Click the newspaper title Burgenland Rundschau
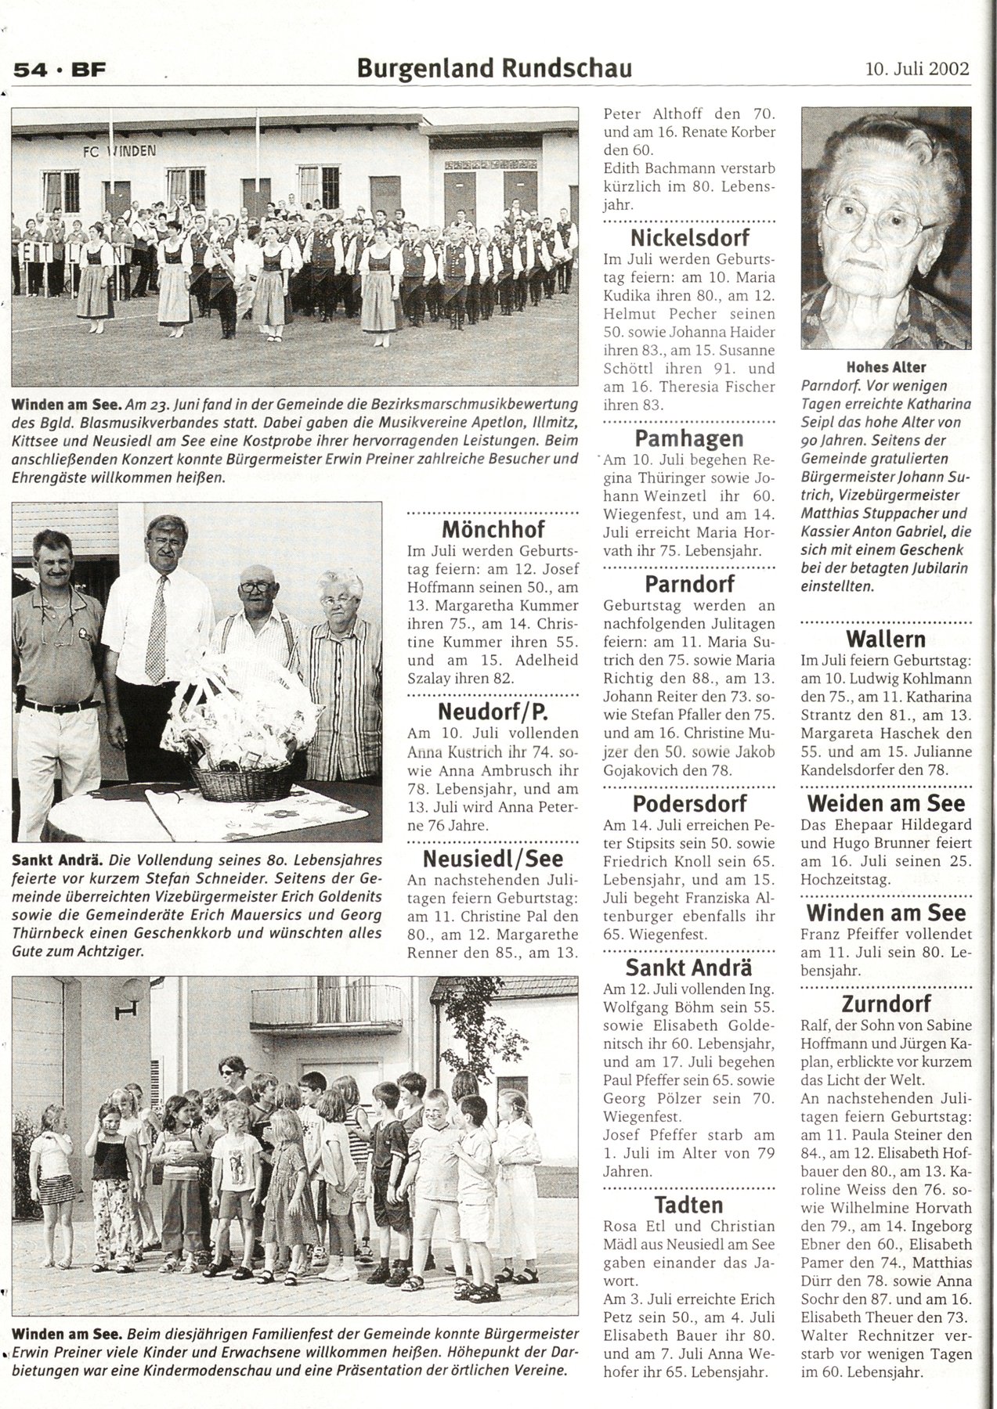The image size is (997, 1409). (x=494, y=69)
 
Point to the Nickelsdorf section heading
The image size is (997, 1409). (x=690, y=238)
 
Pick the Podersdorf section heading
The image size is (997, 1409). (x=690, y=803)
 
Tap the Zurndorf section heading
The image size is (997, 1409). (x=886, y=1004)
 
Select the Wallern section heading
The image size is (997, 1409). (x=886, y=639)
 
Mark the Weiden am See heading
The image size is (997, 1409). (x=886, y=803)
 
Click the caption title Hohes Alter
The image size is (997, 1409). (x=886, y=366)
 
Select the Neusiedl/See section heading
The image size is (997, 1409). (x=493, y=859)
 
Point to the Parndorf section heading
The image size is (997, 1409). (x=690, y=584)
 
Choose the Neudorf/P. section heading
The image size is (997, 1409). (x=493, y=712)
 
